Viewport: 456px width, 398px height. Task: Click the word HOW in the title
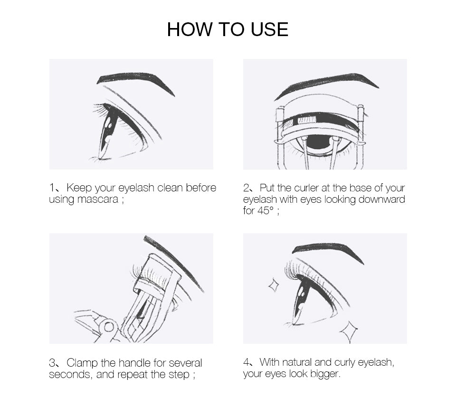coord(190,29)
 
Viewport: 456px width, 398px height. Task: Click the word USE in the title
coord(269,29)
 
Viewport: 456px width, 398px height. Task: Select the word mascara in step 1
coord(98,199)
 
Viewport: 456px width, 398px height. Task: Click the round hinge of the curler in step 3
coord(109,327)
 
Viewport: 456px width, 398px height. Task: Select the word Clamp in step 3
coord(82,363)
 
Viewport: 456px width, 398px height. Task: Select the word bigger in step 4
coord(325,374)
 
